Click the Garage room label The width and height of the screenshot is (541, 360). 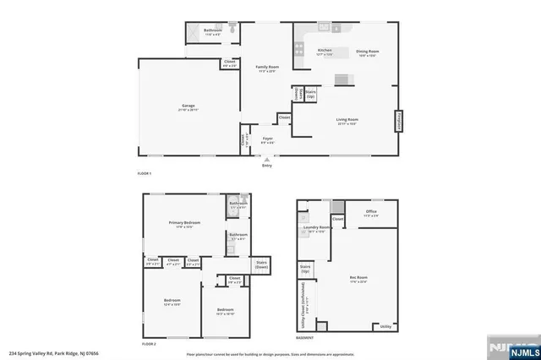click(188, 106)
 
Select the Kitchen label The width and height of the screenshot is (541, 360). click(325, 52)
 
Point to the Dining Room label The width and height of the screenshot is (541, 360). click(367, 52)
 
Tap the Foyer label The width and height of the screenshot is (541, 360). click(267, 138)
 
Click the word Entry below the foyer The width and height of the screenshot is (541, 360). click(267, 166)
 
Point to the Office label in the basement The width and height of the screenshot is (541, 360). click(370, 211)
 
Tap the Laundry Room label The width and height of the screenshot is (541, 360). click(318, 228)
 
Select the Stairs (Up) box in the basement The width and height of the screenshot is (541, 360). click(304, 270)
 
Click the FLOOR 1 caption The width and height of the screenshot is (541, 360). click(144, 173)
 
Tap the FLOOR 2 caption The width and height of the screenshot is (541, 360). click(149, 344)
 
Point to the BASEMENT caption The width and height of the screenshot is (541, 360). click(305, 338)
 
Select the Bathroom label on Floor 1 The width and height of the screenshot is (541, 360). click(213, 31)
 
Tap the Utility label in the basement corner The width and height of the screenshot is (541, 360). click(385, 326)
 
